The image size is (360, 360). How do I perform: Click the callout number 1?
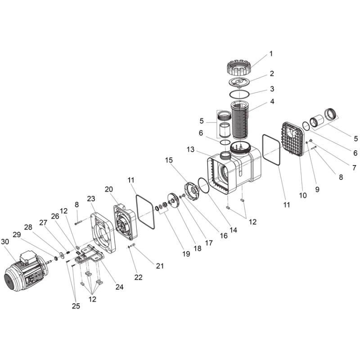coord(271,54)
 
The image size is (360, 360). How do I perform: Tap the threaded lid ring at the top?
coord(239,67)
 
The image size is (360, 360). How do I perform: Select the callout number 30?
coord(5,242)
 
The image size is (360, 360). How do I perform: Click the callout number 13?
coord(190,149)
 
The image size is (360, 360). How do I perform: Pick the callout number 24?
coord(119,287)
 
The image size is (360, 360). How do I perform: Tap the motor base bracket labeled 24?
coord(90,255)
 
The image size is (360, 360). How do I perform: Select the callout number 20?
coord(109,189)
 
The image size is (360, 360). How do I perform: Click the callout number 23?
coord(91,198)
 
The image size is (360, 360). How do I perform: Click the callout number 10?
coord(303,195)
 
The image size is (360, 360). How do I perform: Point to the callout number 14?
coord(234,230)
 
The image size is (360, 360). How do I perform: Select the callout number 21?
coord(160,266)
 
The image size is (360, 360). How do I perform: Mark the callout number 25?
coord(76,306)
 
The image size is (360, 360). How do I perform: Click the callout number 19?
coord(186,253)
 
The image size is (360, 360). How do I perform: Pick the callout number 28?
coord(28,227)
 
